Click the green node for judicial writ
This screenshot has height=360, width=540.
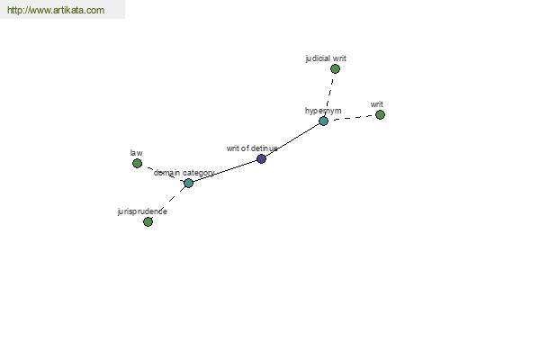click(x=335, y=69)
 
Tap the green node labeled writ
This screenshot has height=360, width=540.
click(x=380, y=114)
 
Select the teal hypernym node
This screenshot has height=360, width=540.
click(x=323, y=121)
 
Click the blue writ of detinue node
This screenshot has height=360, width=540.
click(x=261, y=158)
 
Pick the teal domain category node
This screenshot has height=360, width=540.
click(x=188, y=183)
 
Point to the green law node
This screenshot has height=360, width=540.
click(x=137, y=163)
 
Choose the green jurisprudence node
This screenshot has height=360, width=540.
click(x=148, y=222)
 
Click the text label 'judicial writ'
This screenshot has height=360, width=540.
click(x=326, y=58)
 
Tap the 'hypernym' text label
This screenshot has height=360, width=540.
click(x=323, y=111)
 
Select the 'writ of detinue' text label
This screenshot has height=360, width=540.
click(x=252, y=148)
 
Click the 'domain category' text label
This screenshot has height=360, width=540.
click(x=184, y=173)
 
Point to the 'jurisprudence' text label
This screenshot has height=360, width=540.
click(x=142, y=211)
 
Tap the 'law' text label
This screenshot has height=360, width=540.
click(x=137, y=153)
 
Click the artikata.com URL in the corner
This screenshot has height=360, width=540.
click(x=56, y=10)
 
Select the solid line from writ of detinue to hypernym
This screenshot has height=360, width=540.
click(x=292, y=139)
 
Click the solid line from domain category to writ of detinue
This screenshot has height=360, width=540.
click(x=225, y=171)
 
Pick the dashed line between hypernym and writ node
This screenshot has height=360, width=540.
click(x=352, y=118)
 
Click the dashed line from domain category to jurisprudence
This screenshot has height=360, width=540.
click(x=168, y=202)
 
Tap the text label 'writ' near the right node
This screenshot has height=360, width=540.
click(x=377, y=104)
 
